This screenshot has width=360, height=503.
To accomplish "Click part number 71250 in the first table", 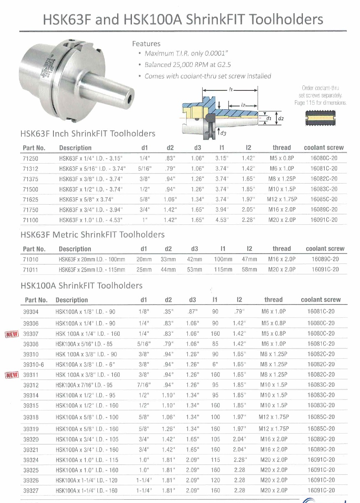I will [30, 158].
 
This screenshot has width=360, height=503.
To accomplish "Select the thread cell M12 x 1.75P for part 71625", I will [282, 199].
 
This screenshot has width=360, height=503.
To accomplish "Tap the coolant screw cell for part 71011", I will [325, 270].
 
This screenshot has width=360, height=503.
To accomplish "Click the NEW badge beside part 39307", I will [12, 334].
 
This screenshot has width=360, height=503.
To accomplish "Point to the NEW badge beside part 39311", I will [12, 375].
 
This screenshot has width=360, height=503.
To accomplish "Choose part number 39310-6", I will [34, 365].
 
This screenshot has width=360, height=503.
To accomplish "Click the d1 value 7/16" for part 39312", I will [144, 385].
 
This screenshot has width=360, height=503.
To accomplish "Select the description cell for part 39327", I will [86, 490].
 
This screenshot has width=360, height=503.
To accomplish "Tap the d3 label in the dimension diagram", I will [223, 133].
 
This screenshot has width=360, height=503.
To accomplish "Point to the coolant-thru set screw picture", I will [321, 119].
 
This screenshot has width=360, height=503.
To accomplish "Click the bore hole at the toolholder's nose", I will [131, 98].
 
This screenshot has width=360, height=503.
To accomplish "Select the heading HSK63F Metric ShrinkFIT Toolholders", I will [92, 235].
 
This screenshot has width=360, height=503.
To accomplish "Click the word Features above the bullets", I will [146, 44].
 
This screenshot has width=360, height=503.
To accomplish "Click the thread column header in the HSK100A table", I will [273, 300].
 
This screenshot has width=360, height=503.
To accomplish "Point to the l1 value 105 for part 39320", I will [215, 439].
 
